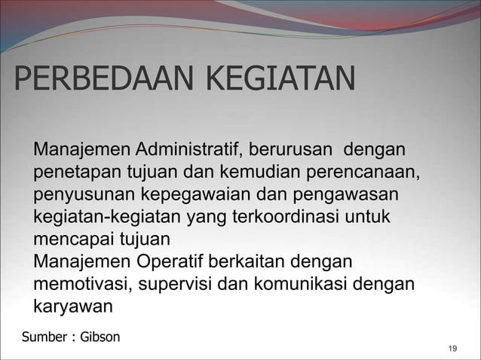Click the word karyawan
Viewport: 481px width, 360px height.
pos(72,309)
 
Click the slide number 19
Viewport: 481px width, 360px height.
pos(452,348)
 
